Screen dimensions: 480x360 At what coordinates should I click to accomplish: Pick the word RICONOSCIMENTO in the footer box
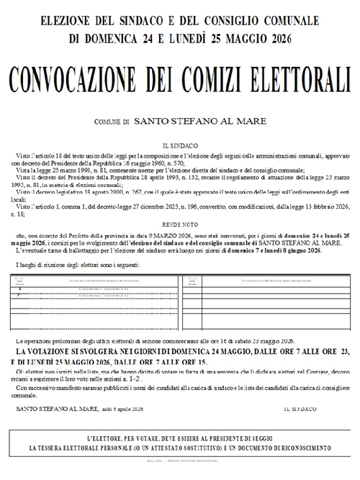pos(294,447)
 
